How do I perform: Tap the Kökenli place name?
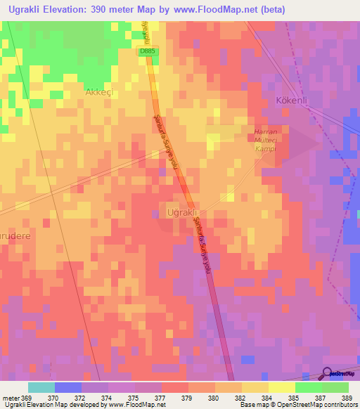coord(293,100)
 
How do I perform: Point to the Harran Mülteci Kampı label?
coord(266,141)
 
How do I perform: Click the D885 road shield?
coord(147,51)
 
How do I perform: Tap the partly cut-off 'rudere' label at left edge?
coord(15,237)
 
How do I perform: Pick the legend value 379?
coord(188,397)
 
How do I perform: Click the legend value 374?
coord(108,397)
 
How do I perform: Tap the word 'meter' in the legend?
coord(12,397)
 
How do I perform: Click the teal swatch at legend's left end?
coord(41,387)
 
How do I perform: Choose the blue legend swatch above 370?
coord(68,387)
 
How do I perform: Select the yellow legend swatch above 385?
coord(281,387)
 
